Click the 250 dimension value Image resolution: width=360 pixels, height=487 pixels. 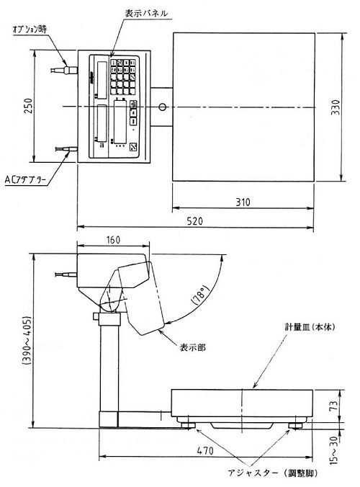(28, 106)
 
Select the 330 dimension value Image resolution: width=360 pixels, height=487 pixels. (336, 107)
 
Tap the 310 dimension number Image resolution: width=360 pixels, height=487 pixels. (243, 202)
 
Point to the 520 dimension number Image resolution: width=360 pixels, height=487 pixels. (195, 221)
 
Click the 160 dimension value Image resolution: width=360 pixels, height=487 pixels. (113, 240)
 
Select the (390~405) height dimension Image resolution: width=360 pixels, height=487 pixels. (27, 341)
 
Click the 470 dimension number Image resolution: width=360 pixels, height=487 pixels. (205, 451)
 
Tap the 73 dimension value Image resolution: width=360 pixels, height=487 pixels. (333, 406)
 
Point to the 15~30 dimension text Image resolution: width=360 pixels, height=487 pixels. (333, 450)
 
